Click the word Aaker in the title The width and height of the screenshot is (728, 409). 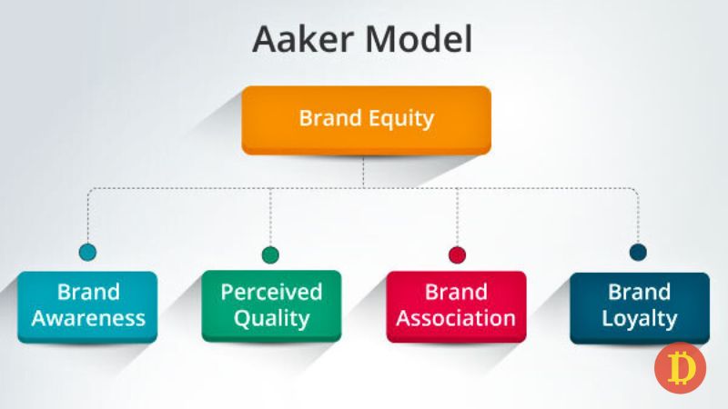(298, 41)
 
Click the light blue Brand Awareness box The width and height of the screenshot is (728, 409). (88, 306)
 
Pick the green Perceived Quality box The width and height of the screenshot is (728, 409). (271, 306)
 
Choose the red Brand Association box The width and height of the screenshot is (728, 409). (456, 306)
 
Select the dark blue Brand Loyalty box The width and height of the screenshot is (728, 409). (640, 306)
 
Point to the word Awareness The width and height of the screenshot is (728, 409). (88, 319)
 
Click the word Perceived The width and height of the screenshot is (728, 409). (271, 293)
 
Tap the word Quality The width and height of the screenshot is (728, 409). (271, 319)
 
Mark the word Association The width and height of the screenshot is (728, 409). (456, 319)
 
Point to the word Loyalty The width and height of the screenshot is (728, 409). (640, 319)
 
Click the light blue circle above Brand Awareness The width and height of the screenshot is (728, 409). (88, 253)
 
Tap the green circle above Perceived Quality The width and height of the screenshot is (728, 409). (270, 254)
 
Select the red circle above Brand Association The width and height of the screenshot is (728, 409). (457, 254)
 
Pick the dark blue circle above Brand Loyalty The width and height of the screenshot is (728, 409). (639, 253)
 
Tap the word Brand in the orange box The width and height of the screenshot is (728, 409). (329, 118)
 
